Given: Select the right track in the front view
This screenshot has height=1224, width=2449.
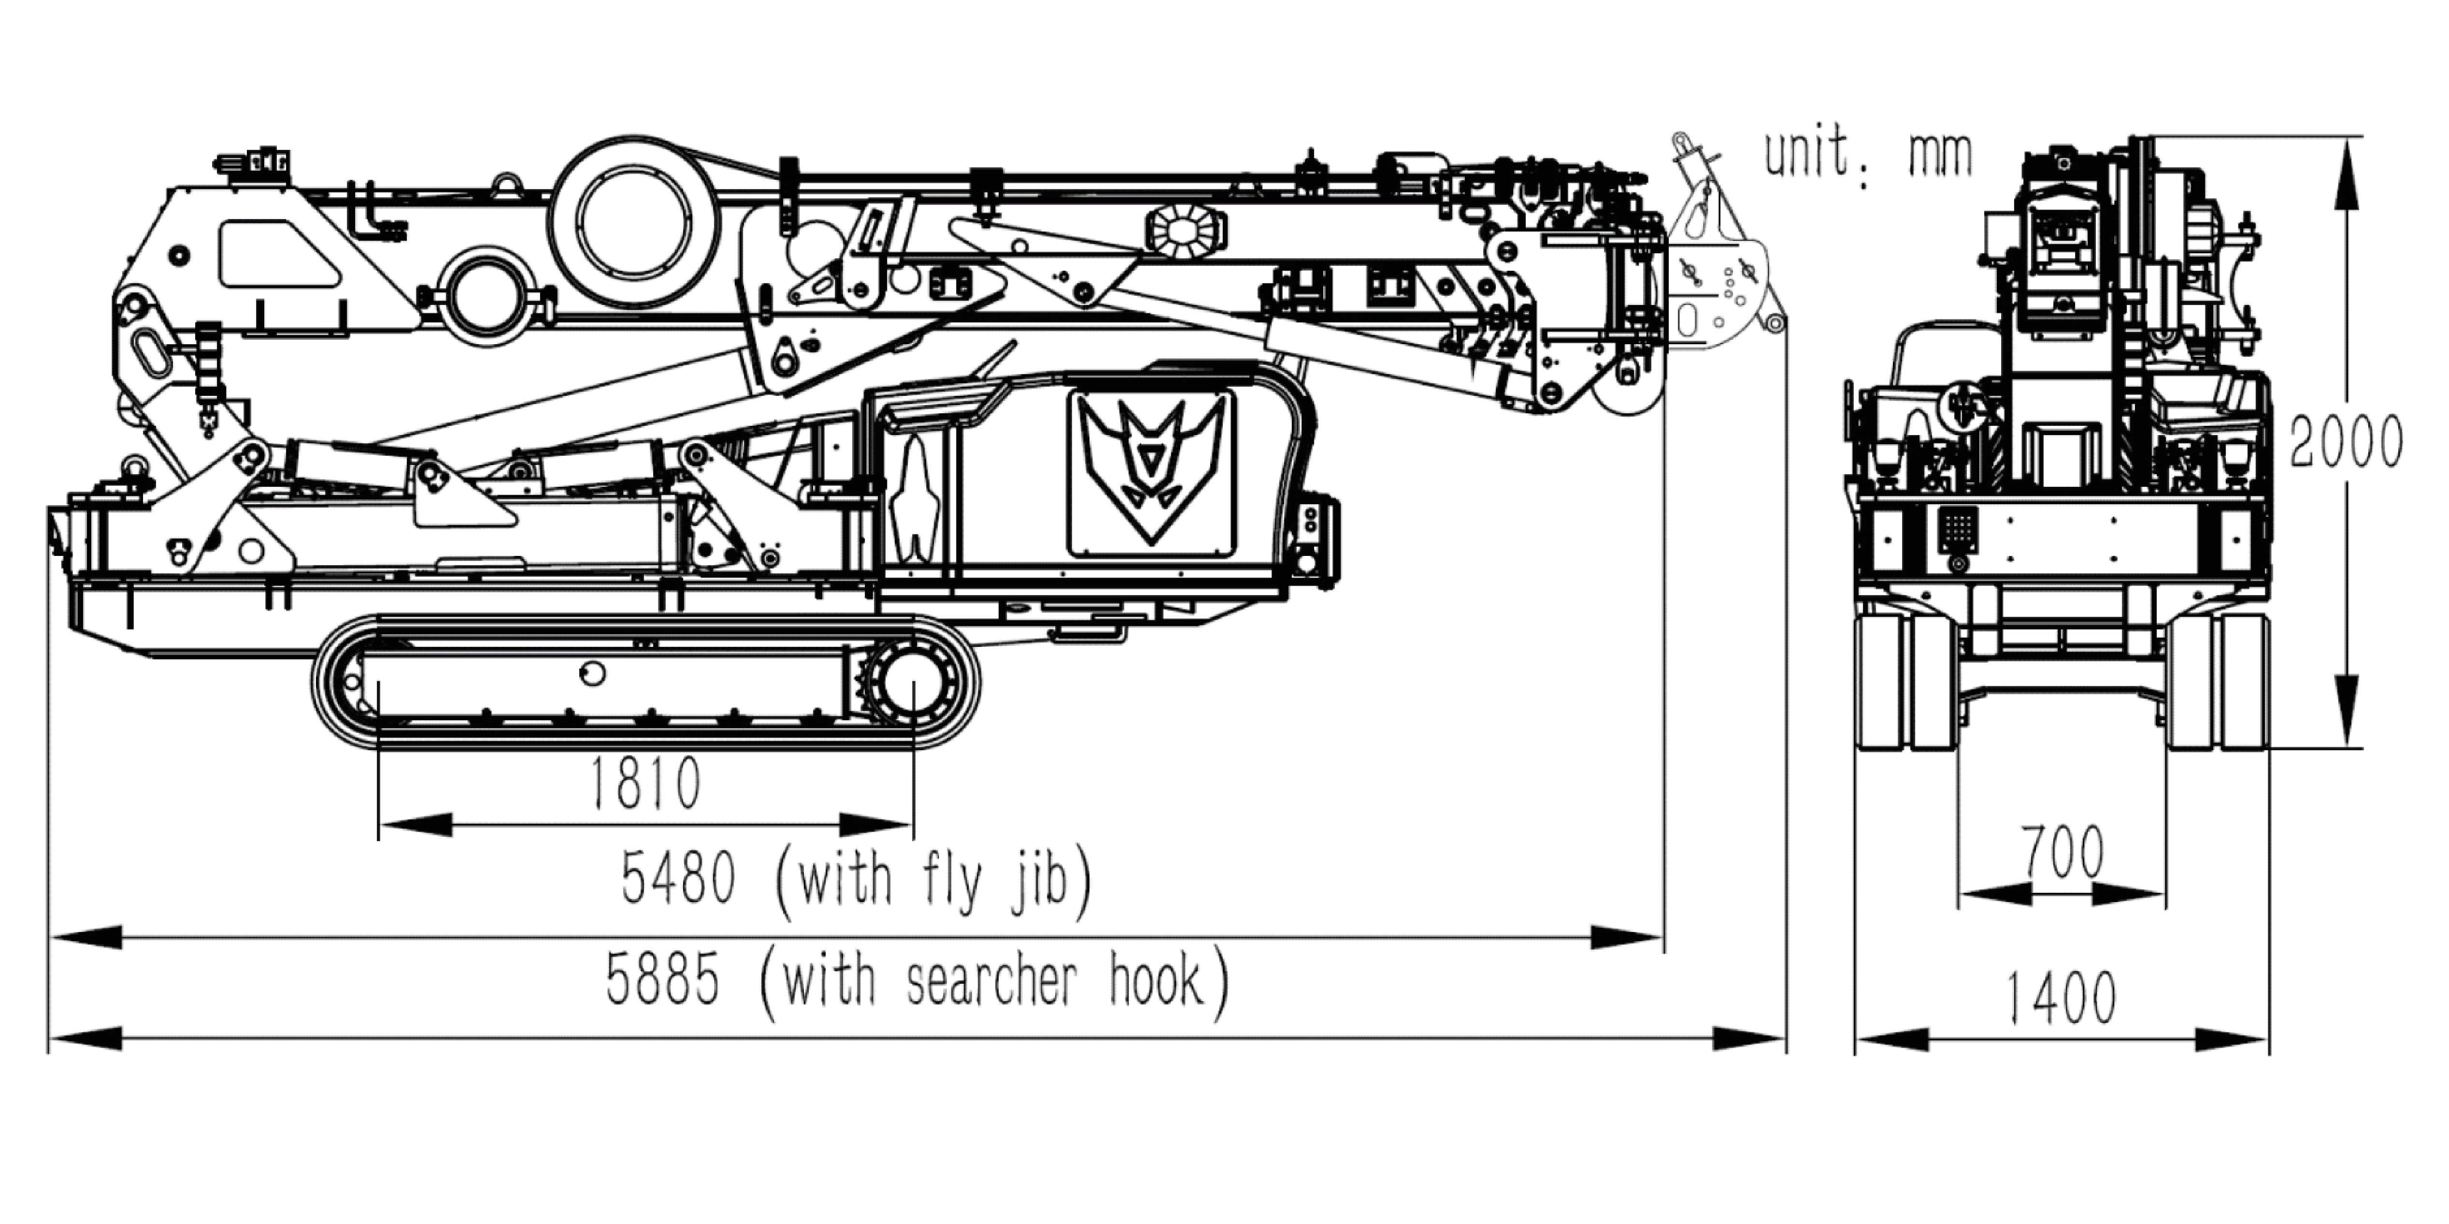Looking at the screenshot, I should coord(2218,680).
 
